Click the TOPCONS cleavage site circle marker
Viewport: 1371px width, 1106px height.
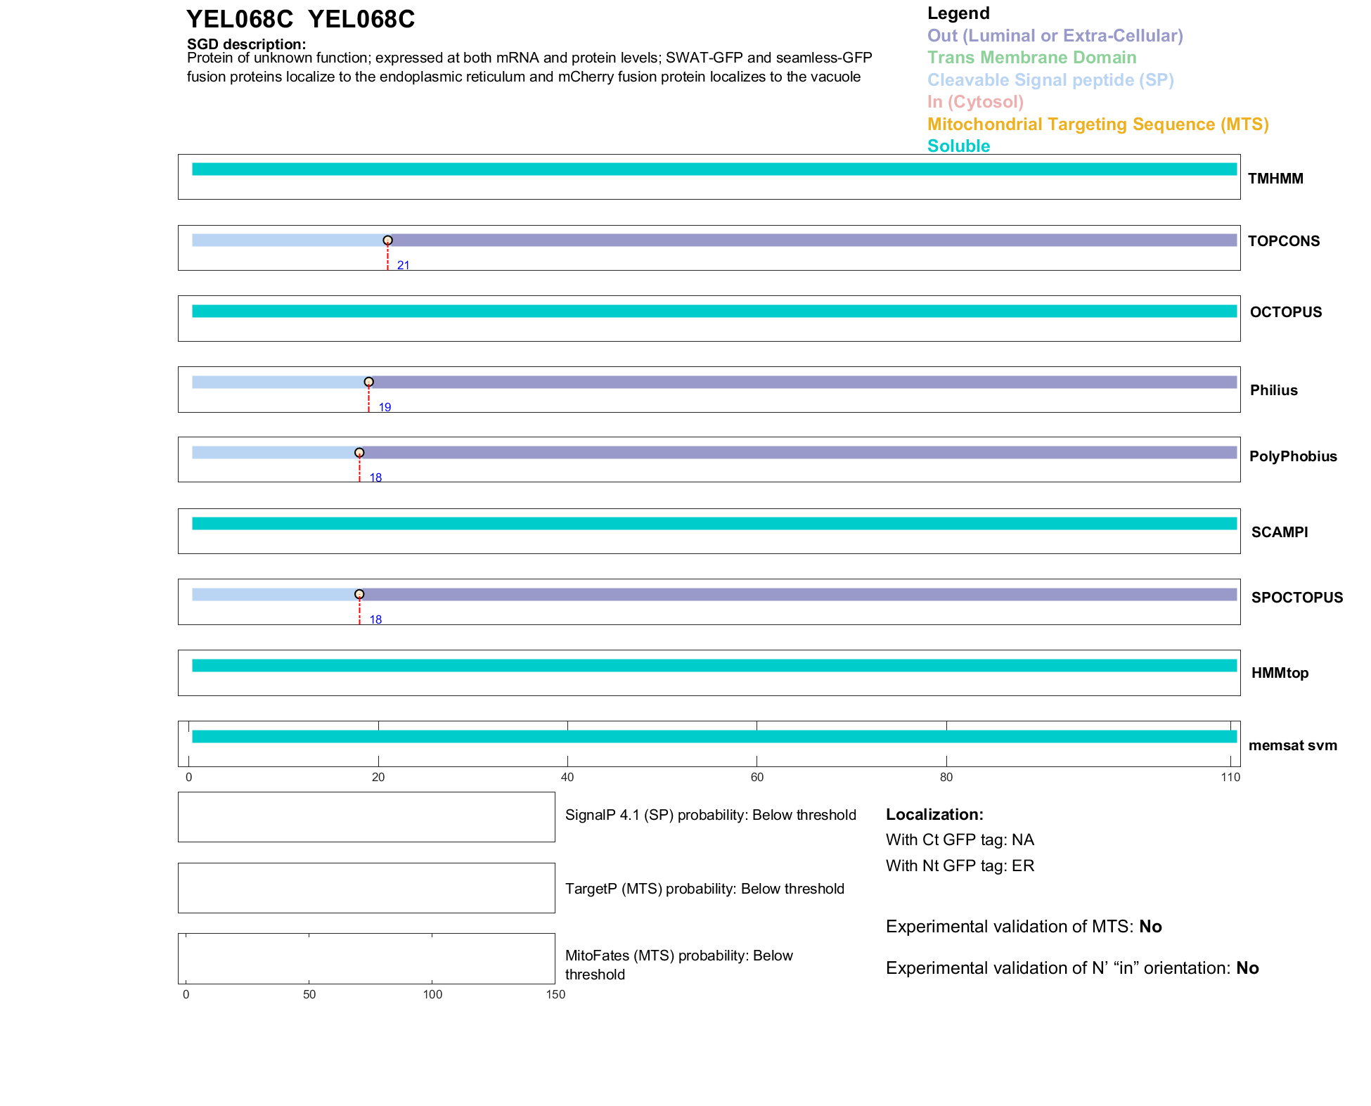387,240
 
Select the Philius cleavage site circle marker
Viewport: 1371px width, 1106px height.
368,382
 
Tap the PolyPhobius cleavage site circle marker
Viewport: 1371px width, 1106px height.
359,453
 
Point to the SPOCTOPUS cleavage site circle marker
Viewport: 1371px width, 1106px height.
359,594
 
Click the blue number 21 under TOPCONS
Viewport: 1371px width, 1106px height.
403,266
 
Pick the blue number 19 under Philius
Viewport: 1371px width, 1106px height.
385,408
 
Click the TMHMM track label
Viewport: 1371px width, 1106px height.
1275,179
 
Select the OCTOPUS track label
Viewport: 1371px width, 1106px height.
1285,312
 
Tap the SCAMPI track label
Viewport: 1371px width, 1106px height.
1280,532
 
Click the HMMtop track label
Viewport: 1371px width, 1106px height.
1280,673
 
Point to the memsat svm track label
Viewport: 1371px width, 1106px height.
1292,745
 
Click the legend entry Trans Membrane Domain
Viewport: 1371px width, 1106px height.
1031,58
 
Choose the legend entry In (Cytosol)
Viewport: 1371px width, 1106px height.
975,102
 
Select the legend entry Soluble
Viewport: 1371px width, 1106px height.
958,146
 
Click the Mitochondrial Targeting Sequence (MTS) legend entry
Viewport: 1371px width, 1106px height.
1098,124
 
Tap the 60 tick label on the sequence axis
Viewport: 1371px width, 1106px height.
757,778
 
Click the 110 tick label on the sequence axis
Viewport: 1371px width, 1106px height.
1230,778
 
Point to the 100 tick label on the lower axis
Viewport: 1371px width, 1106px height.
432,995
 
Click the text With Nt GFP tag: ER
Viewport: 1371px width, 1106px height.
960,866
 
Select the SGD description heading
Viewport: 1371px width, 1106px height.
246,44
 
